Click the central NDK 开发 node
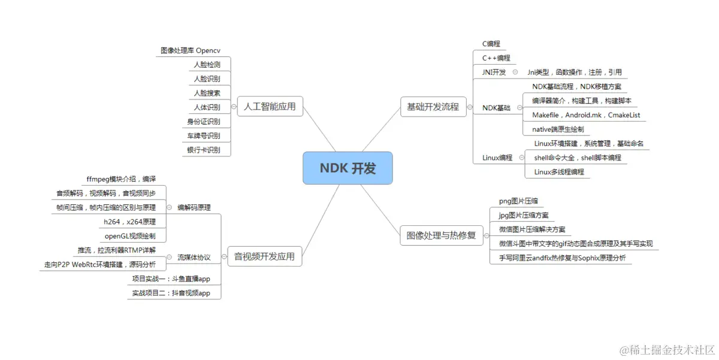348,168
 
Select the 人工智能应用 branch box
270,107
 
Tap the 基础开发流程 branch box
433,107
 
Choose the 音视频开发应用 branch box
264,257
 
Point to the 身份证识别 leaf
203,122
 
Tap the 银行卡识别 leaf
203,150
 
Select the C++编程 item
496,58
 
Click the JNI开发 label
494,72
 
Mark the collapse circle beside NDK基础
519,108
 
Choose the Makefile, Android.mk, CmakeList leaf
578,115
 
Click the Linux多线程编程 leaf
558,173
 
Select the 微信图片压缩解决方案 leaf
531,229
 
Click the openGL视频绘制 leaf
130,236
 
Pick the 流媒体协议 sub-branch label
194,258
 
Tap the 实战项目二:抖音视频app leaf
171,294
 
